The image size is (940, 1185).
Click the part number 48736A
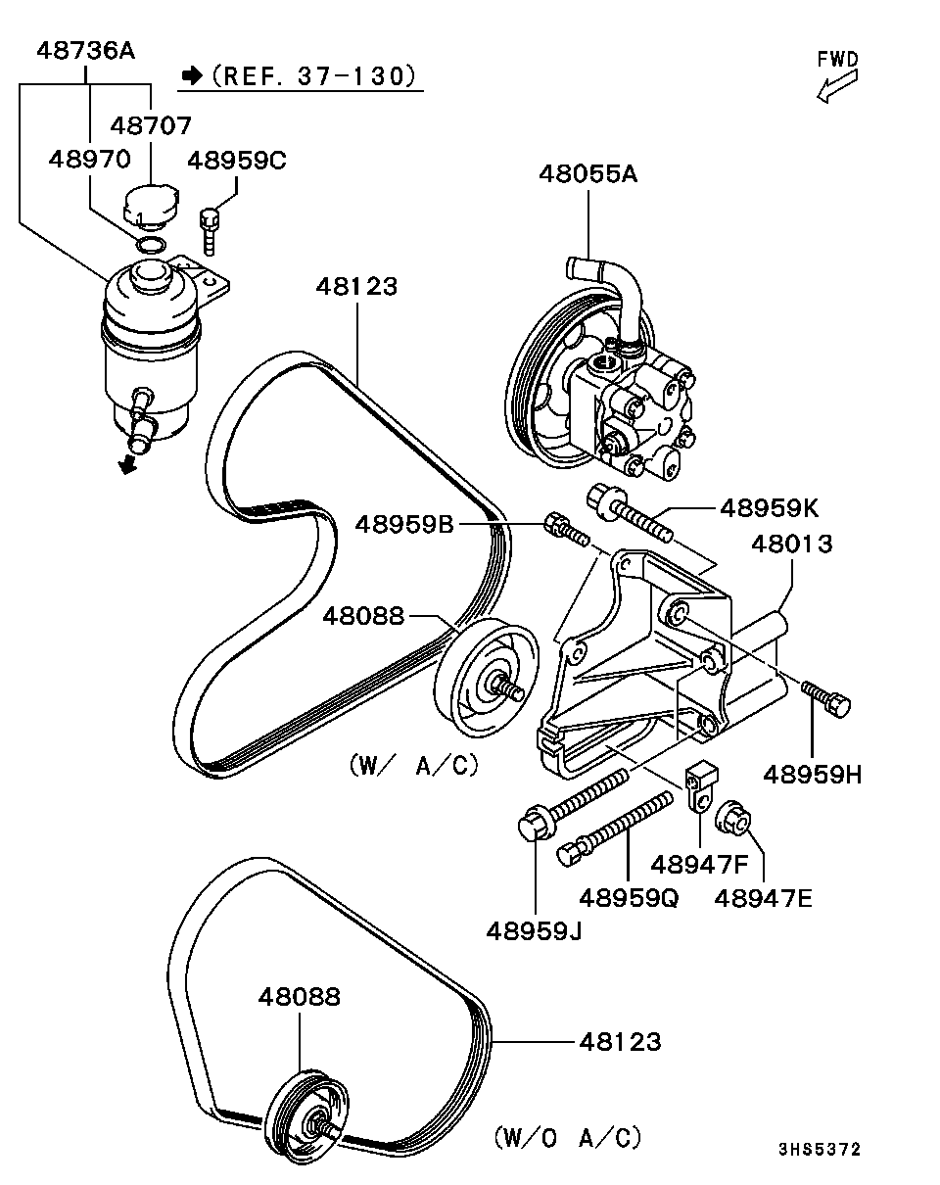coord(85,51)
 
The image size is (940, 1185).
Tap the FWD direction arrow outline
coord(836,87)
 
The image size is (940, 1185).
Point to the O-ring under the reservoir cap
coord(151,244)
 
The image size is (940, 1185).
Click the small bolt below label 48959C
coord(209,231)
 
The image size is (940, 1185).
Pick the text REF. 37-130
coord(312,76)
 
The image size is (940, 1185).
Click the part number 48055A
coord(587,173)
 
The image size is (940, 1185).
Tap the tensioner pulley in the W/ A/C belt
coord(487,678)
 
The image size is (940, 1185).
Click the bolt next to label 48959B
coord(567,529)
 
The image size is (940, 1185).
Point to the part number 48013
coord(791,545)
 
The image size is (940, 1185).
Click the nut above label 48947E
coord(733,822)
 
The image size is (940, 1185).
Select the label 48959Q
coord(629,899)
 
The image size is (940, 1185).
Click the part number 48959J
coord(534,931)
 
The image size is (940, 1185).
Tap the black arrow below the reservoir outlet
coord(127,464)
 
